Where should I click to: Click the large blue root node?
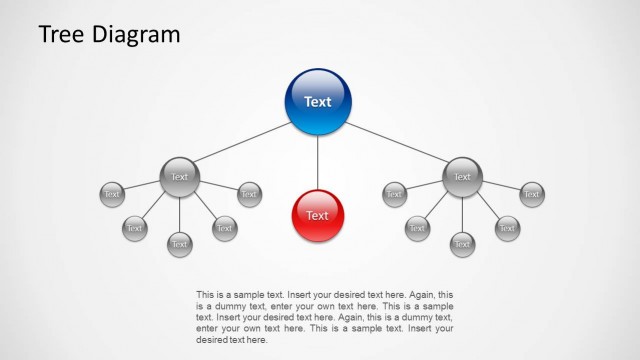318,101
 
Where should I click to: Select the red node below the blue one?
318,215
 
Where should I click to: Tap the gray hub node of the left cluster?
180,177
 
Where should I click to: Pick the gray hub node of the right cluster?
462,177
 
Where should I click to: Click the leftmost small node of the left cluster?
112,194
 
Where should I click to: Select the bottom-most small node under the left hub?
180,243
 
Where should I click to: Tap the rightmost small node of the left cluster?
249,194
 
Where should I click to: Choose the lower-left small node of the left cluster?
135,228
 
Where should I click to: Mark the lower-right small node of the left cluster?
225,228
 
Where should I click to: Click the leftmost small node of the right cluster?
394,194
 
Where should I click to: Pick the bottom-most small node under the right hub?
462,243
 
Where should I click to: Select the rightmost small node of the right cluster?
531,194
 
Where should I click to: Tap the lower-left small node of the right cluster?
417,228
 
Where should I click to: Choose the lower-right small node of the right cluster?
507,228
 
